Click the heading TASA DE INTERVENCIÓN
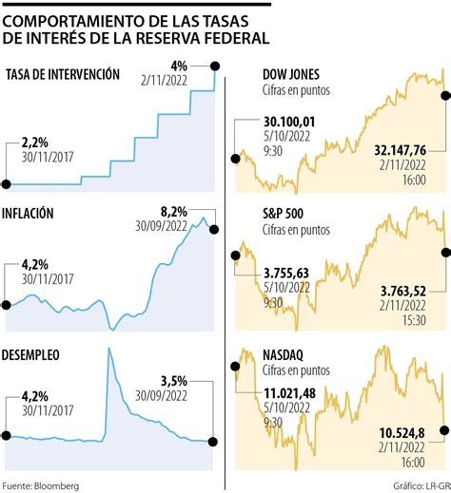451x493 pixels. pos(63,75)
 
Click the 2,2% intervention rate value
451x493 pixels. pos(36,143)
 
